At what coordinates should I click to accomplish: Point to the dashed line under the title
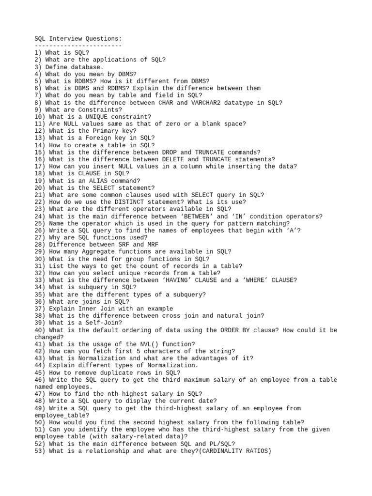pos(78,46)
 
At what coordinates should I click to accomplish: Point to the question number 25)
pos(40,223)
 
